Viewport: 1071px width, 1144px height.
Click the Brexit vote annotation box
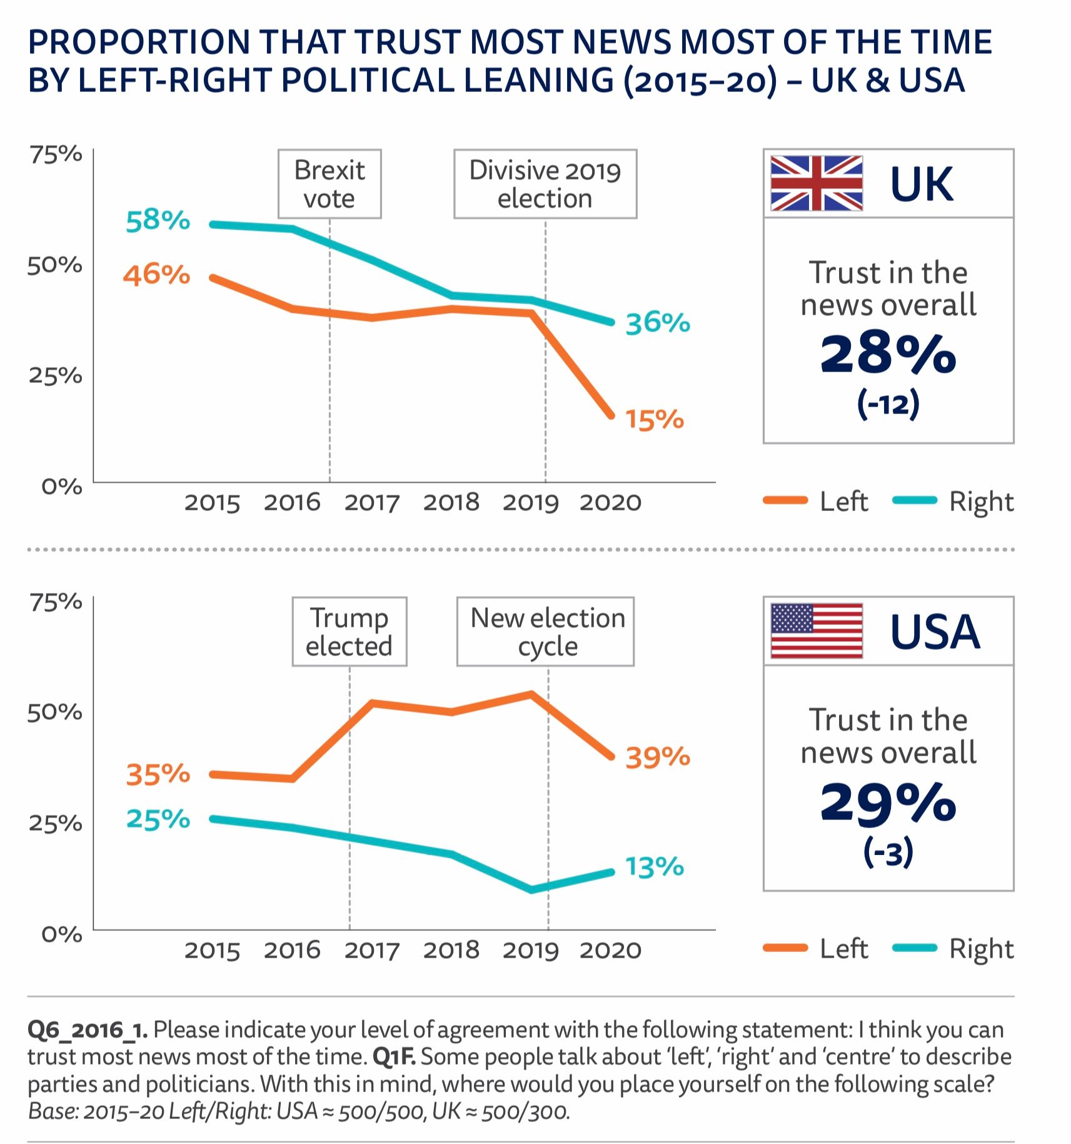(329, 184)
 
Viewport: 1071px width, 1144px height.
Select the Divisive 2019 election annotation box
(545, 184)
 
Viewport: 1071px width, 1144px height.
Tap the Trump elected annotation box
(349, 632)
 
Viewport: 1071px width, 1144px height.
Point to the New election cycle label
(545, 632)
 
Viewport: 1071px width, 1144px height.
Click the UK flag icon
(817, 183)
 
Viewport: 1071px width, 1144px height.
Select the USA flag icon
(817, 631)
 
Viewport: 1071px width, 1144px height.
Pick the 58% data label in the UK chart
(158, 221)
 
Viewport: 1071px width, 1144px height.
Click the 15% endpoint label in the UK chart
(655, 420)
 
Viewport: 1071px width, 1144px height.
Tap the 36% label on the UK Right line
(658, 323)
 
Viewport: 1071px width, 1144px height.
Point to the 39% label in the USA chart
(658, 757)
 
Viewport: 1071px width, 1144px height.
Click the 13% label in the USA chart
(655, 868)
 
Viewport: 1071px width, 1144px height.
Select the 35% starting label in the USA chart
(158, 774)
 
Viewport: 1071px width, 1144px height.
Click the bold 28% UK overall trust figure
(888, 354)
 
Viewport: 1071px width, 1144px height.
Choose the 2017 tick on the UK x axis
(372, 503)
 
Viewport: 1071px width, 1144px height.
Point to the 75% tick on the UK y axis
(56, 154)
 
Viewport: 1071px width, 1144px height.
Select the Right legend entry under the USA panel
(954, 949)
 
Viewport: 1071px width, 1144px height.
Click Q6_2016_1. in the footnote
(88, 1030)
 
